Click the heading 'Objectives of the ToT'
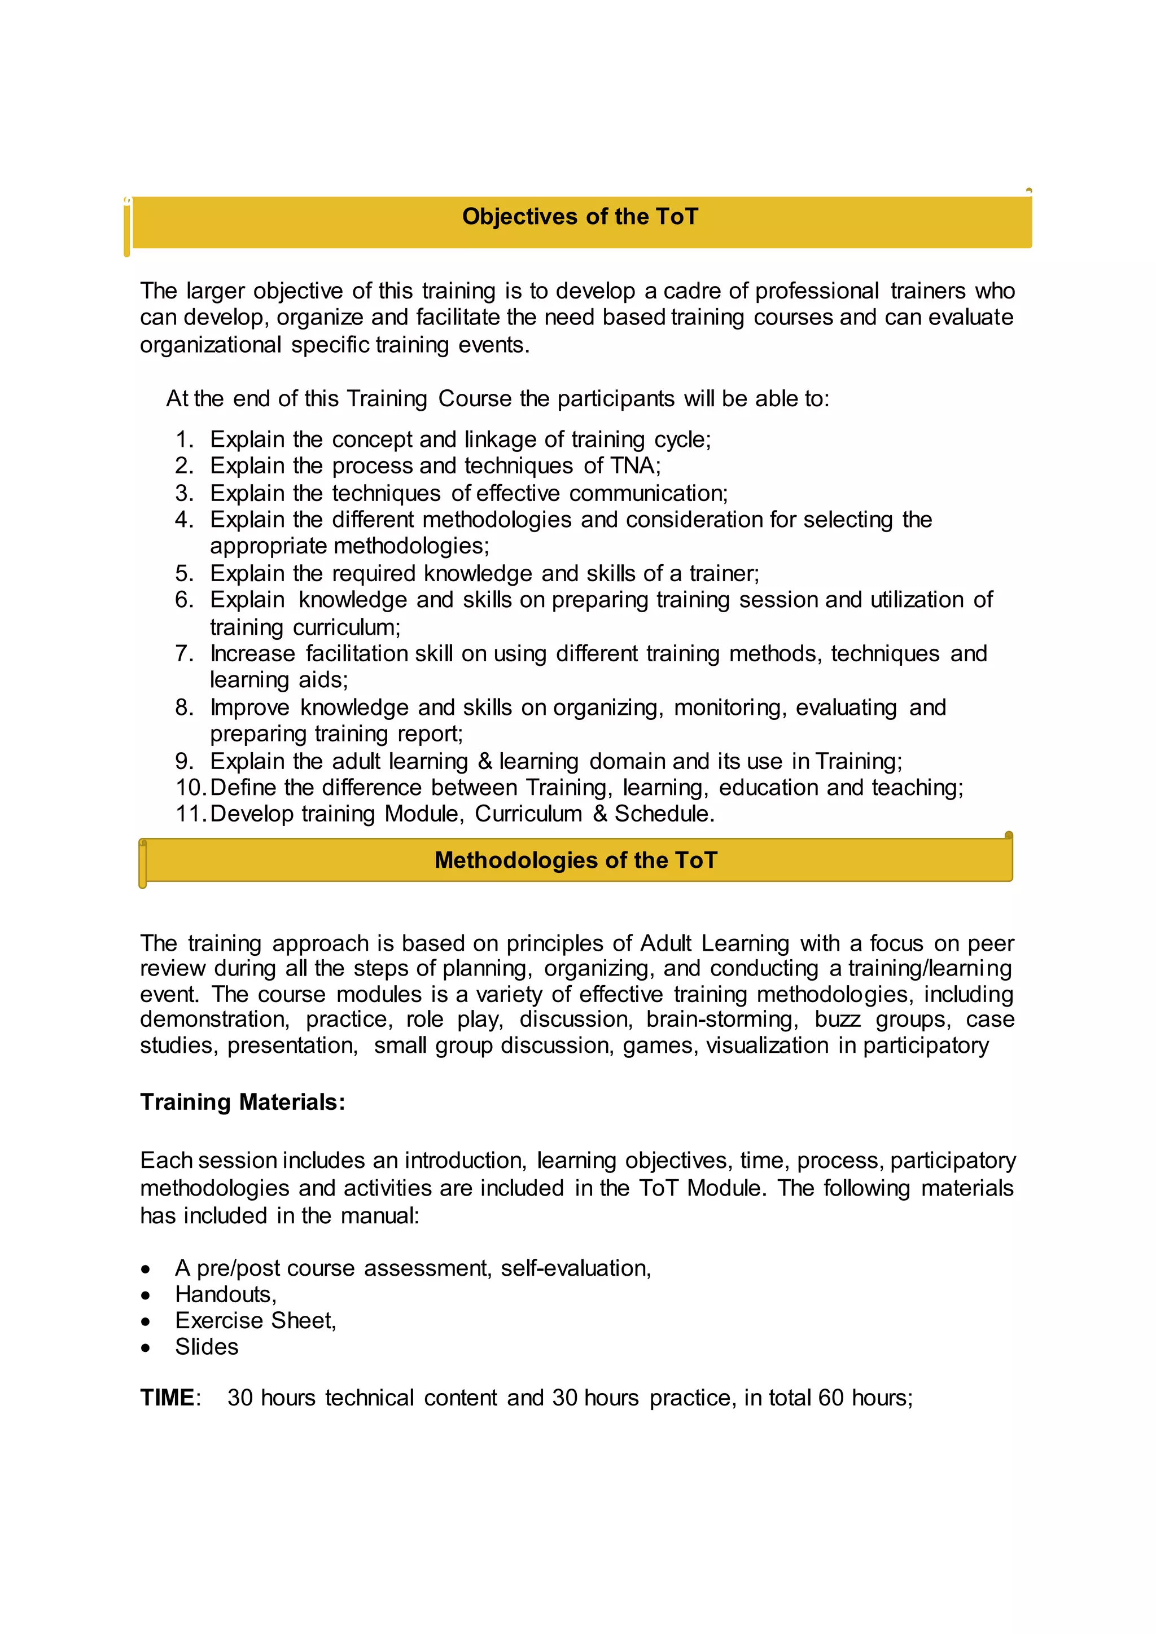tap(580, 216)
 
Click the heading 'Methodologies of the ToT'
tap(576, 860)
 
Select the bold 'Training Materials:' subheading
tap(242, 1102)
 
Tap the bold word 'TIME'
tap(167, 1398)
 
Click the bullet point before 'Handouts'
tap(146, 1295)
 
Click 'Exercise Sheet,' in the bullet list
tap(255, 1320)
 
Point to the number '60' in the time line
tap(830, 1398)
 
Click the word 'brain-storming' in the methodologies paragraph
tap(720, 1019)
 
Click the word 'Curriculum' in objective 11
tap(528, 814)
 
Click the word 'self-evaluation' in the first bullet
tap(575, 1268)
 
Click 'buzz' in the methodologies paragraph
tap(837, 1019)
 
